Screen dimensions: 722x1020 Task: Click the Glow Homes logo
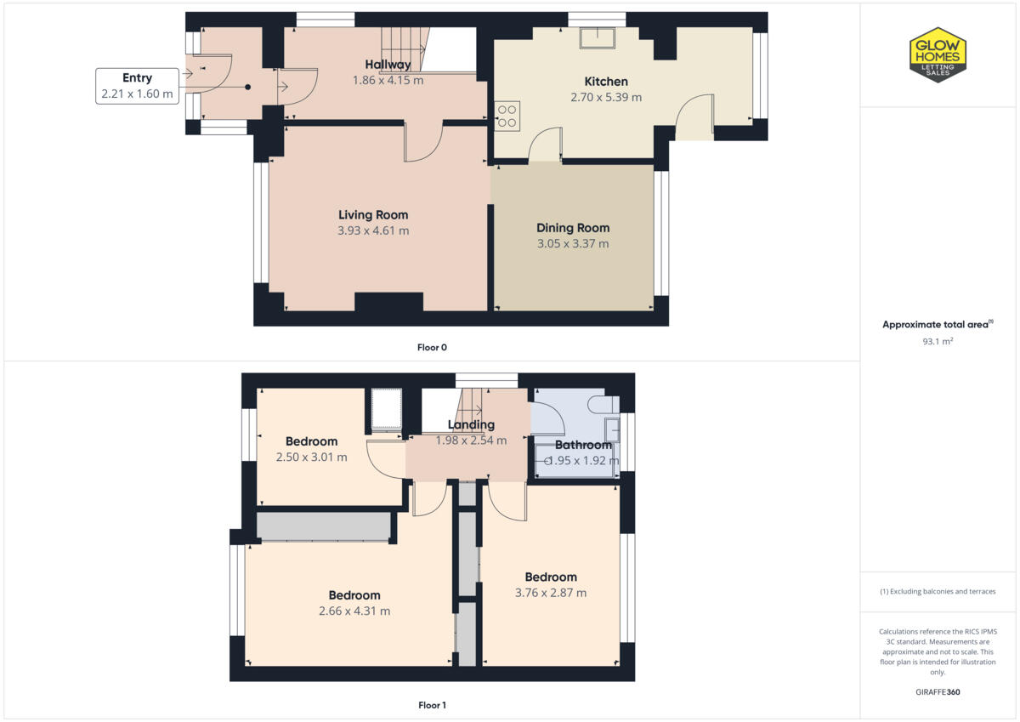938,54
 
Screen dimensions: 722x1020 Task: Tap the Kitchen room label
605,82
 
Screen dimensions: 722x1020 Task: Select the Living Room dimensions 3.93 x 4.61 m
373,230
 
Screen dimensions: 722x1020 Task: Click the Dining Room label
572,228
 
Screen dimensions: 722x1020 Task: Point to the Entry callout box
137,86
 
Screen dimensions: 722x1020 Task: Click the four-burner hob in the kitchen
507,115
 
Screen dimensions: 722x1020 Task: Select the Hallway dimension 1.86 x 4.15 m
388,80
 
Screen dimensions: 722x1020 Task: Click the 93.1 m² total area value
937,340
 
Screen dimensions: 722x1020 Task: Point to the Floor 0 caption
432,347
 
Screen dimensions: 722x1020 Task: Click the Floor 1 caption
432,705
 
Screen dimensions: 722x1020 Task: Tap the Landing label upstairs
471,424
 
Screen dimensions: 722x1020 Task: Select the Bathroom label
583,445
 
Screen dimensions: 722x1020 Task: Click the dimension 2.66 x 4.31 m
354,611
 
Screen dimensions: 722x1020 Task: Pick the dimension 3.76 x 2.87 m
550,593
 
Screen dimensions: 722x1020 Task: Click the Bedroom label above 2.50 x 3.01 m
311,441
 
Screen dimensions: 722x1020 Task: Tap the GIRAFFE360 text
937,692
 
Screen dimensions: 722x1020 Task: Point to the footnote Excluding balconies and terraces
937,591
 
